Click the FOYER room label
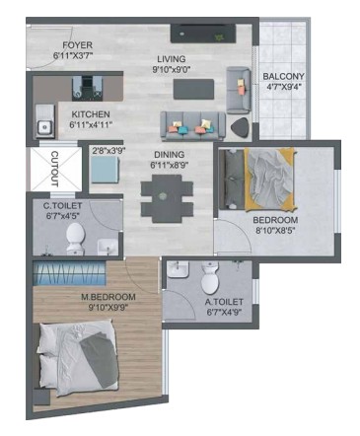(78, 45)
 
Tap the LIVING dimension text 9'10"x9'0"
(172, 69)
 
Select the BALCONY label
(283, 76)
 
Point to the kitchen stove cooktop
(87, 88)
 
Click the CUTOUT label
(54, 169)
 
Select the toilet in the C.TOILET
(75, 238)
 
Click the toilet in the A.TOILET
(210, 278)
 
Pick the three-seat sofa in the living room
(192, 126)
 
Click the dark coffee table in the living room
(193, 89)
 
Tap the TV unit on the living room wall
(203, 34)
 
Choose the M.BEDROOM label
(108, 297)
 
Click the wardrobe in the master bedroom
(69, 273)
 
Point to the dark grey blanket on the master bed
(100, 359)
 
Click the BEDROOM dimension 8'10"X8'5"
(274, 230)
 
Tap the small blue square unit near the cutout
(105, 170)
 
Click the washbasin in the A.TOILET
(177, 269)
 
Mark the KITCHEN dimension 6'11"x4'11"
(91, 124)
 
